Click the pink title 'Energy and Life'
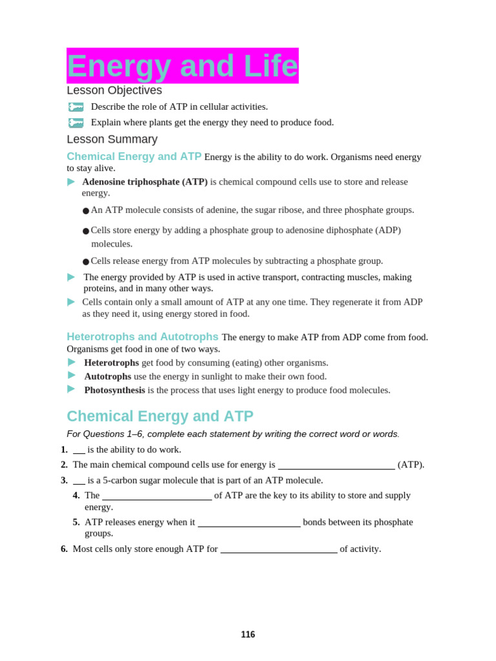[182, 66]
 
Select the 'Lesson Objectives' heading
[114, 90]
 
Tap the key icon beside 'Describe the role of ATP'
[76, 107]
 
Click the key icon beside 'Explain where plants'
[76, 123]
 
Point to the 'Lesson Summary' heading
[112, 139]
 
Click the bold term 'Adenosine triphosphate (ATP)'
[145, 182]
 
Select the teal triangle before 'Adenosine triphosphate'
[71, 182]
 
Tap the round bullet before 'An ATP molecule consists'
[86, 211]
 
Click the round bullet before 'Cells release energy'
[86, 262]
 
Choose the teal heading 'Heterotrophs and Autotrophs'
[142, 337]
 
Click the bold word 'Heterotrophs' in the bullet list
[111, 363]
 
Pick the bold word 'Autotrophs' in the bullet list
[107, 376]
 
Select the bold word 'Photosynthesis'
[114, 390]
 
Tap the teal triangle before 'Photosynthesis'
[71, 389]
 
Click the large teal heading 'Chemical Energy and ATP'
[160, 416]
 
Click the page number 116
[248, 635]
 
